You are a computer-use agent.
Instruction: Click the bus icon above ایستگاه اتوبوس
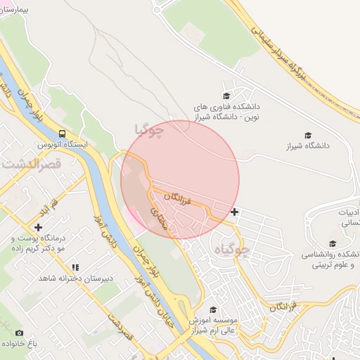click(x=63, y=134)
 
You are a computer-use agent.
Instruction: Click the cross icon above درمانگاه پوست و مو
click(x=38, y=227)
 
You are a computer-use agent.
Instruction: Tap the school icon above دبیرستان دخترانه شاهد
click(x=75, y=267)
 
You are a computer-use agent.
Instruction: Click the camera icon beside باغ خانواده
click(x=19, y=333)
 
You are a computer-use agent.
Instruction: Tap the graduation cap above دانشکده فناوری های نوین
click(x=226, y=96)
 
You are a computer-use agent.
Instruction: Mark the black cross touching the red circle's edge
click(x=234, y=211)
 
